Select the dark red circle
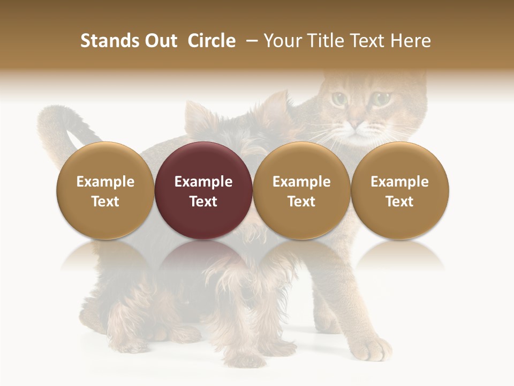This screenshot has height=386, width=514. pos(203,190)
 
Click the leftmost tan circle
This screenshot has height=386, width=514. pos(105,190)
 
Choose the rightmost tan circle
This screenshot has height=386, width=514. pos(400,190)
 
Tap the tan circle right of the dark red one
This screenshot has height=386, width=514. pos(301,190)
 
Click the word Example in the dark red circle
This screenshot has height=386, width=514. pos(203,182)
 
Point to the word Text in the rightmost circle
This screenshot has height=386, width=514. pos(400,201)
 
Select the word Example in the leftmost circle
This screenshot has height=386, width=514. pos(105,182)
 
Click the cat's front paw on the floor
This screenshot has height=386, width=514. pos(374,348)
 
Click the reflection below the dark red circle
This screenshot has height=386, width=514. pos(203,257)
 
